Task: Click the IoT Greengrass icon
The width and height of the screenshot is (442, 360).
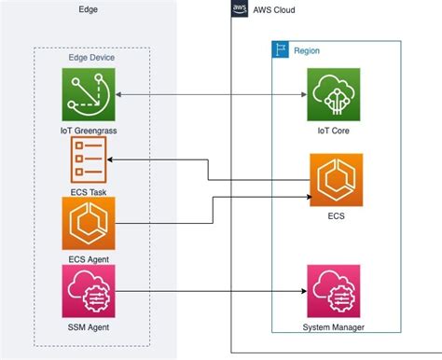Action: (89, 95)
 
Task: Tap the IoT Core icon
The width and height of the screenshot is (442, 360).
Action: (335, 95)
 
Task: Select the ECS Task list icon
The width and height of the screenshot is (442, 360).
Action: (89, 160)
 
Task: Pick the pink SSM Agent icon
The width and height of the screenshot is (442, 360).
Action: (89, 291)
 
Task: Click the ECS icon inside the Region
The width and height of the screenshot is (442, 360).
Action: (335, 181)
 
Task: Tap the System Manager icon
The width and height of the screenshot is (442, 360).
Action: (335, 291)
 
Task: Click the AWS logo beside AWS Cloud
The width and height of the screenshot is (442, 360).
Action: (239, 9)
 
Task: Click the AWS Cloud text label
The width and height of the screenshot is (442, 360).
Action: (276, 9)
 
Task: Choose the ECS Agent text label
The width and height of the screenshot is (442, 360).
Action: (89, 257)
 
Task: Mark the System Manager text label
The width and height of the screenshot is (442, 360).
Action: (335, 326)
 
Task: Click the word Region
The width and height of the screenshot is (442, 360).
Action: (307, 50)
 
